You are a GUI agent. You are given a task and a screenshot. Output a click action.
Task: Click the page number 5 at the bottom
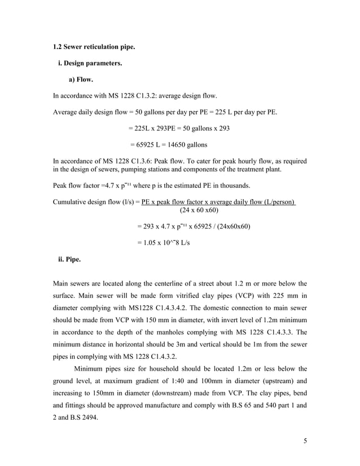click(x=305, y=441)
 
